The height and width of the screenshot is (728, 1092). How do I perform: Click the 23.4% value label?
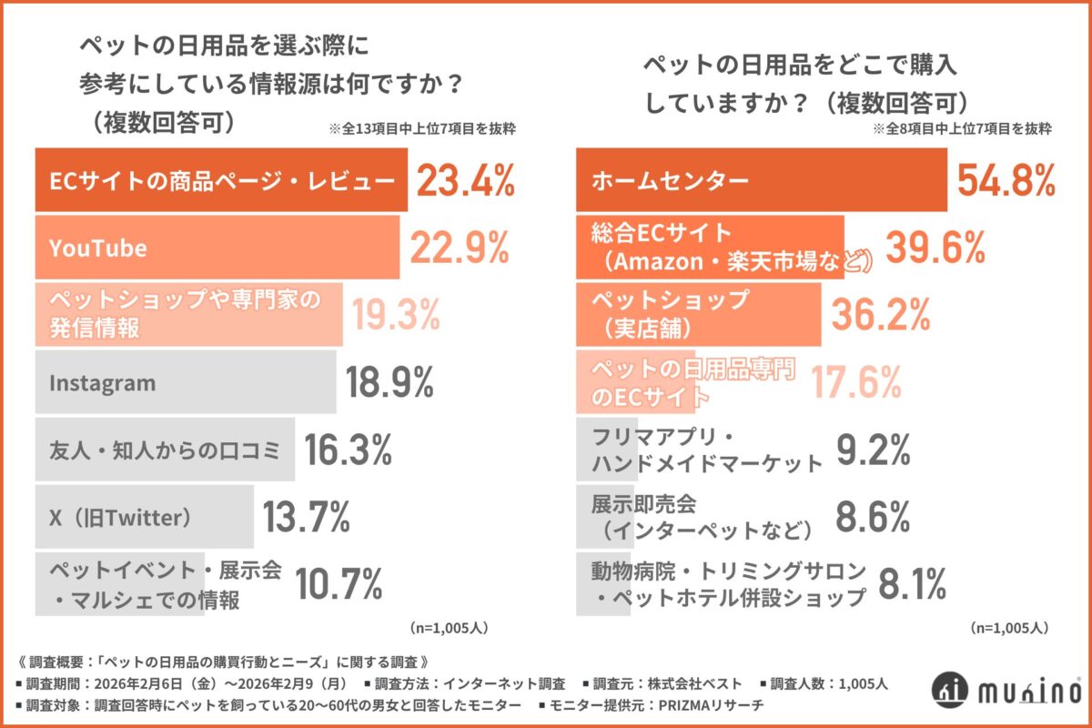465,181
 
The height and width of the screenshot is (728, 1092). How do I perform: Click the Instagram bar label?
102,383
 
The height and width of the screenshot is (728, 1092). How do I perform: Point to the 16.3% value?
349,449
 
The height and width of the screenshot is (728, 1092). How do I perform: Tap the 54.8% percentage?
1006,181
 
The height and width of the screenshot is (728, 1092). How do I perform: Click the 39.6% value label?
935,248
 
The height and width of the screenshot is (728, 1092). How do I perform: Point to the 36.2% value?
881,314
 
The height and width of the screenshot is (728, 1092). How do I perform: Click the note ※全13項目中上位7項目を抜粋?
422,129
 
